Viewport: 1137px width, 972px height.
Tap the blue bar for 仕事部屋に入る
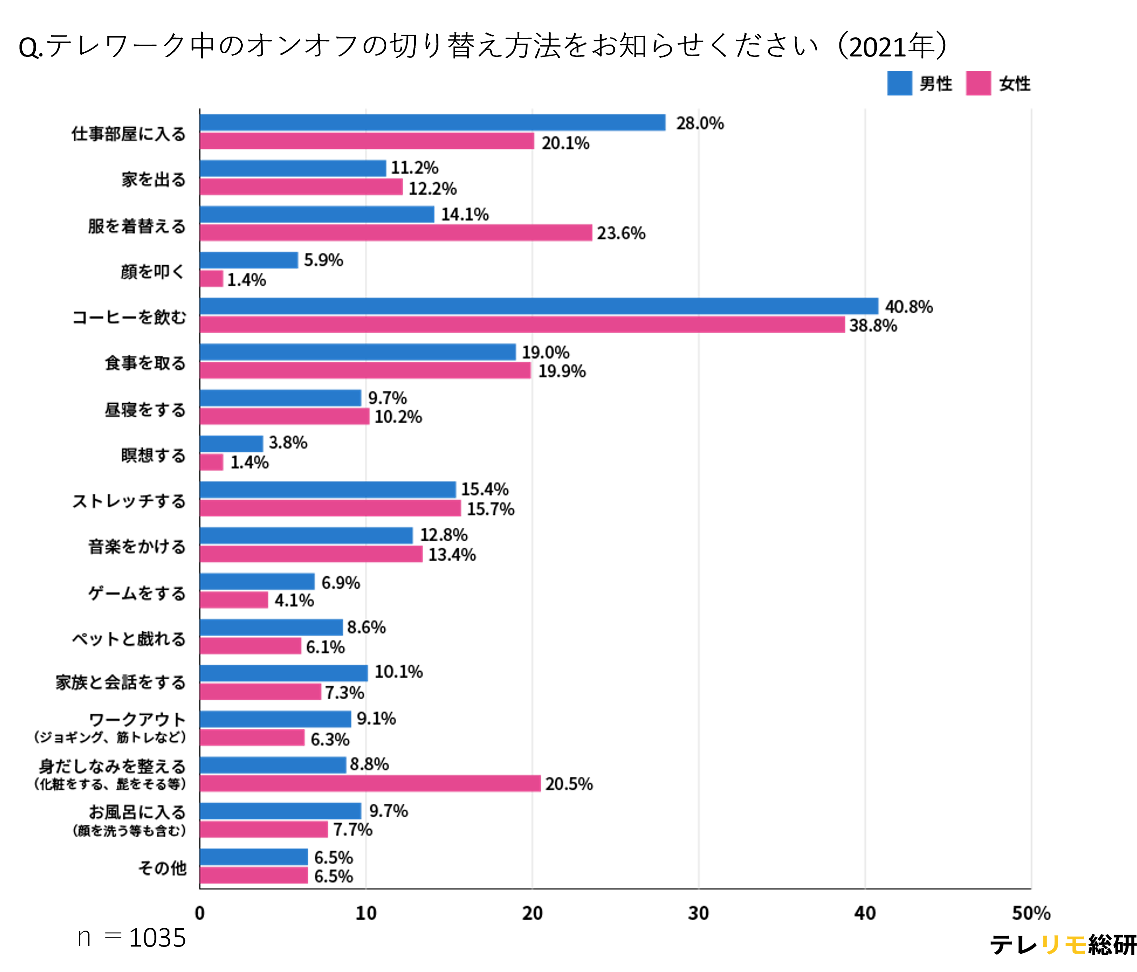click(x=432, y=122)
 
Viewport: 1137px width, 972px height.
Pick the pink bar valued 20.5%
click(x=370, y=783)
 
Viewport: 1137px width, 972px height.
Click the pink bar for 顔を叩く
click(x=211, y=279)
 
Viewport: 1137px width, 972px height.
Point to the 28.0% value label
click(x=700, y=123)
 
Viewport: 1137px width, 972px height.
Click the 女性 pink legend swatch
click(x=978, y=84)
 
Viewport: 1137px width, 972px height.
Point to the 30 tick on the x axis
click(x=699, y=913)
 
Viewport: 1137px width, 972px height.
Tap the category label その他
click(x=162, y=868)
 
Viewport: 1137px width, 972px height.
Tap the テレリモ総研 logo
click(x=1062, y=945)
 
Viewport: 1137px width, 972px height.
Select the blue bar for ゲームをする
click(x=257, y=581)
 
